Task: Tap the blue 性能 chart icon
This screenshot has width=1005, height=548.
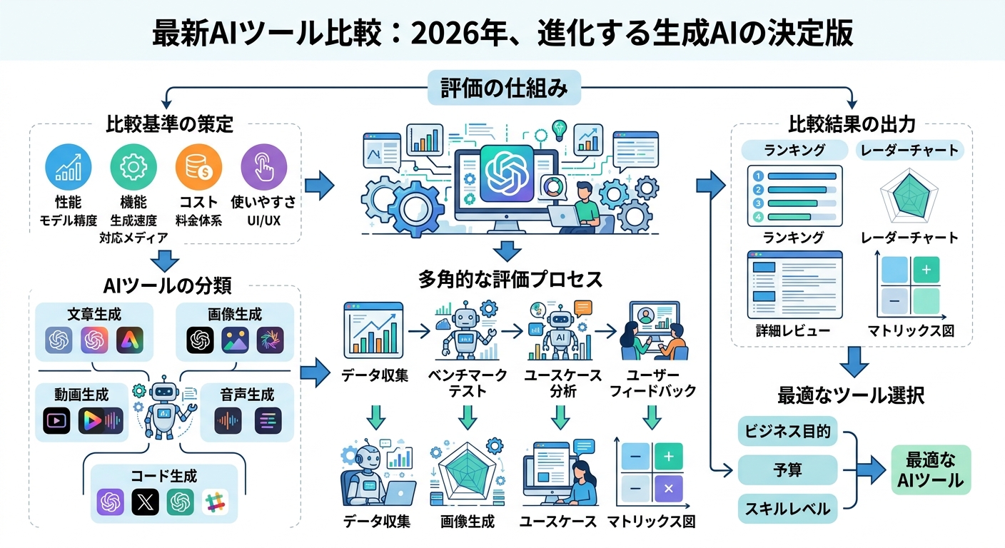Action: pyautogui.click(x=69, y=168)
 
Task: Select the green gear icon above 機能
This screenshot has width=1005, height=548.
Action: pyautogui.click(x=133, y=168)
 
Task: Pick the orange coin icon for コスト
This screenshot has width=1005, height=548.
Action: pyautogui.click(x=198, y=168)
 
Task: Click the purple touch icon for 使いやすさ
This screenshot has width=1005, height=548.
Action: pyautogui.click(x=263, y=168)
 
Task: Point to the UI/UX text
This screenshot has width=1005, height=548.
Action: pyautogui.click(x=263, y=220)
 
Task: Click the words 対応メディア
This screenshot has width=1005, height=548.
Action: pyautogui.click(x=133, y=238)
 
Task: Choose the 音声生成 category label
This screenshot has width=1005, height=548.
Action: pyautogui.click(x=247, y=395)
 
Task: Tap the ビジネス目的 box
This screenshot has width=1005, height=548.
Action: pyautogui.click(x=787, y=432)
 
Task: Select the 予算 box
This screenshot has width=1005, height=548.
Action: pyautogui.click(x=787, y=470)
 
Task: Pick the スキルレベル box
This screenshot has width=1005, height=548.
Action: pyautogui.click(x=787, y=509)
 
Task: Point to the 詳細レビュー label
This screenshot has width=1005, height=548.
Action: pyautogui.click(x=783, y=330)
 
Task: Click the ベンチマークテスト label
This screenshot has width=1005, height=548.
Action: pyautogui.click(x=468, y=382)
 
